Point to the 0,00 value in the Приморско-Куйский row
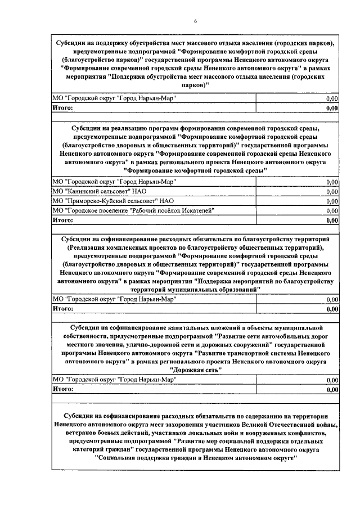pyautogui.click(x=332, y=201)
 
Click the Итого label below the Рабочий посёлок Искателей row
pyautogui.click(x=63, y=220)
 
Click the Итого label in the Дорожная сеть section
pyautogui.click(x=63, y=388)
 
